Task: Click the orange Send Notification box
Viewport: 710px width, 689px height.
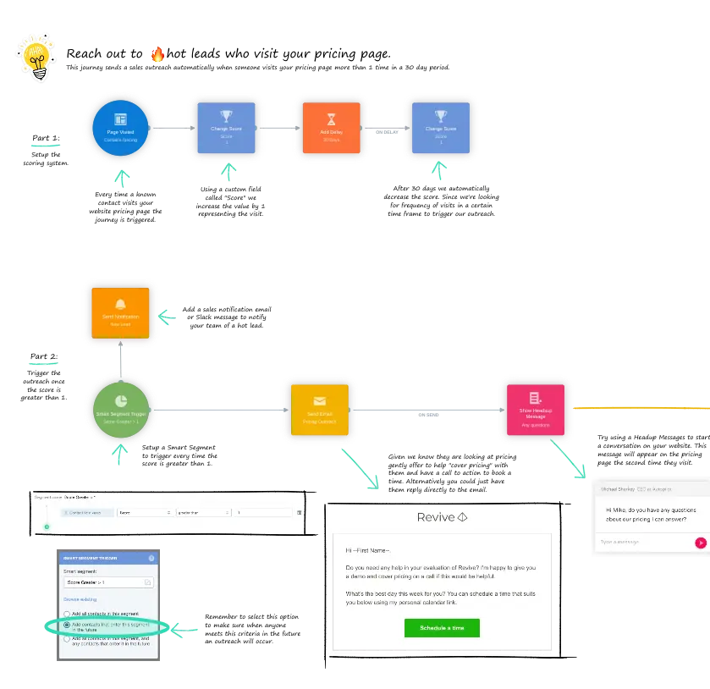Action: (x=120, y=313)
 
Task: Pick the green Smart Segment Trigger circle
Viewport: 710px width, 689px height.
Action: (x=120, y=411)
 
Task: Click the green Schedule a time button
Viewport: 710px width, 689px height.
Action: (x=442, y=628)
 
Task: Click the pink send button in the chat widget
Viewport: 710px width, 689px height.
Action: (x=700, y=543)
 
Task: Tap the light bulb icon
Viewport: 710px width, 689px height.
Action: (x=35, y=58)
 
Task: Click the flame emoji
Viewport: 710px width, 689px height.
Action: (x=157, y=54)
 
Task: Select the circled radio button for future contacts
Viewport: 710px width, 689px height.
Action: (x=67, y=626)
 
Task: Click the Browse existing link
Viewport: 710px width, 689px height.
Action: (x=80, y=598)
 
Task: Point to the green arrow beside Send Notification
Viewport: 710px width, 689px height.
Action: (x=167, y=318)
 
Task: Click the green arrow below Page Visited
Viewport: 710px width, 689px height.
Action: (x=123, y=179)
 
